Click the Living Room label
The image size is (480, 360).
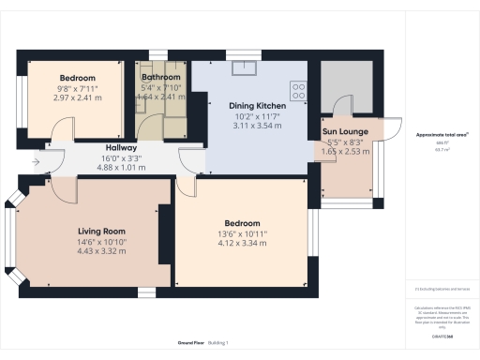click(x=101, y=231)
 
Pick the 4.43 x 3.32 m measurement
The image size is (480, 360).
click(x=101, y=250)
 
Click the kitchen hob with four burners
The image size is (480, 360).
click(x=299, y=91)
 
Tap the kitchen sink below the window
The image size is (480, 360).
click(x=246, y=67)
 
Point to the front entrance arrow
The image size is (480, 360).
click(x=36, y=161)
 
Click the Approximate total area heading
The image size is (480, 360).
click(x=442, y=135)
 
